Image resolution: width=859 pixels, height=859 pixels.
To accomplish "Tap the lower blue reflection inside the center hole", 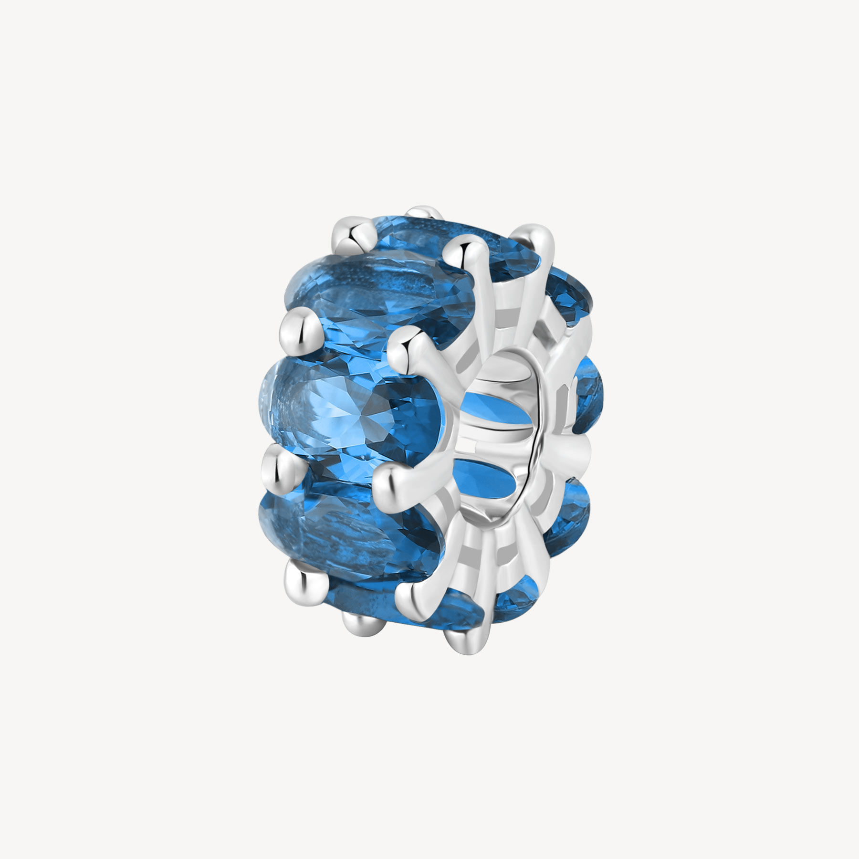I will [487, 482].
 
